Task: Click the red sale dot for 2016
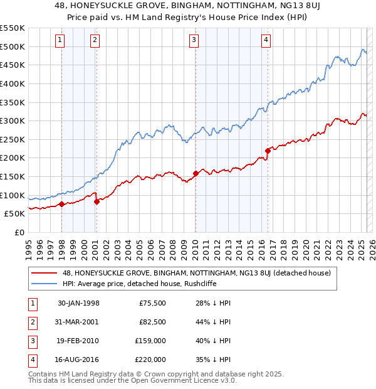[268, 151]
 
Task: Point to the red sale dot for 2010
[196, 173]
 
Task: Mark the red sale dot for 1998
[62, 204]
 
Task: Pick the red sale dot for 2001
[97, 201]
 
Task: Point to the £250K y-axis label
[13, 139]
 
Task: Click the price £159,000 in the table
[150, 341]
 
